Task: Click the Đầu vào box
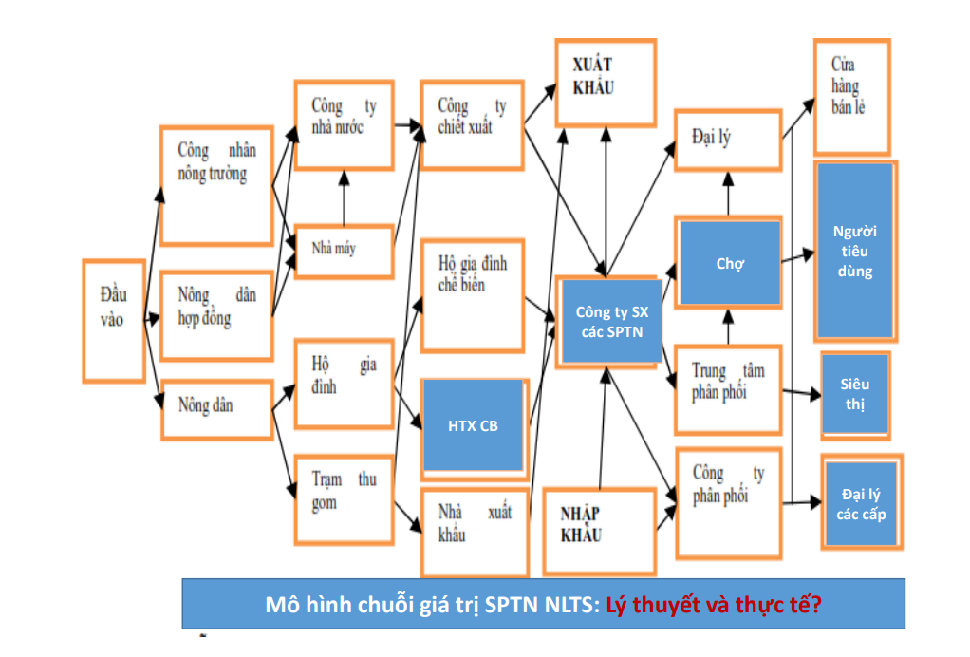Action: point(114,320)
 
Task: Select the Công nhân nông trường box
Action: point(216,185)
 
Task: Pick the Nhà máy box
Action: point(344,251)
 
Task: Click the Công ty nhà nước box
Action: point(344,122)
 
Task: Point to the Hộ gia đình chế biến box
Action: point(472,295)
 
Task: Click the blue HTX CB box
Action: point(473,425)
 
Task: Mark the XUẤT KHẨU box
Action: point(605,82)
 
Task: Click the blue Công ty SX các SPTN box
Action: point(611,321)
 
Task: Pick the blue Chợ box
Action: point(729,264)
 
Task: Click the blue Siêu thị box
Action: point(854,394)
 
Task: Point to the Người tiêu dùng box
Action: point(854,252)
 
